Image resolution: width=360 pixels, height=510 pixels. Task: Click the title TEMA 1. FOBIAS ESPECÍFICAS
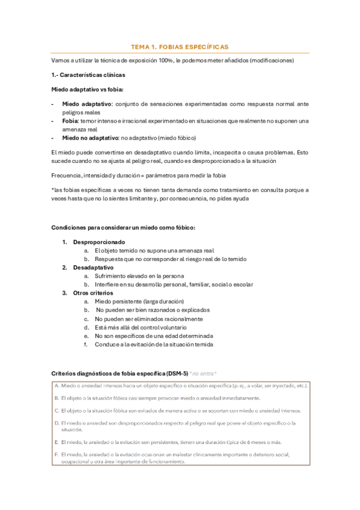[x=180, y=47]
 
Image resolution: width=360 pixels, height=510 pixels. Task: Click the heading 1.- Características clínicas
[x=89, y=75]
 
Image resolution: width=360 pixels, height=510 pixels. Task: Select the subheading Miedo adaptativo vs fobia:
[x=87, y=89]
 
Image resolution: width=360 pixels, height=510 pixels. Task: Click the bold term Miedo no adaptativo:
[x=90, y=137]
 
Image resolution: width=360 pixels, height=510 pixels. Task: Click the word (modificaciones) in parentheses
[x=272, y=61]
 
